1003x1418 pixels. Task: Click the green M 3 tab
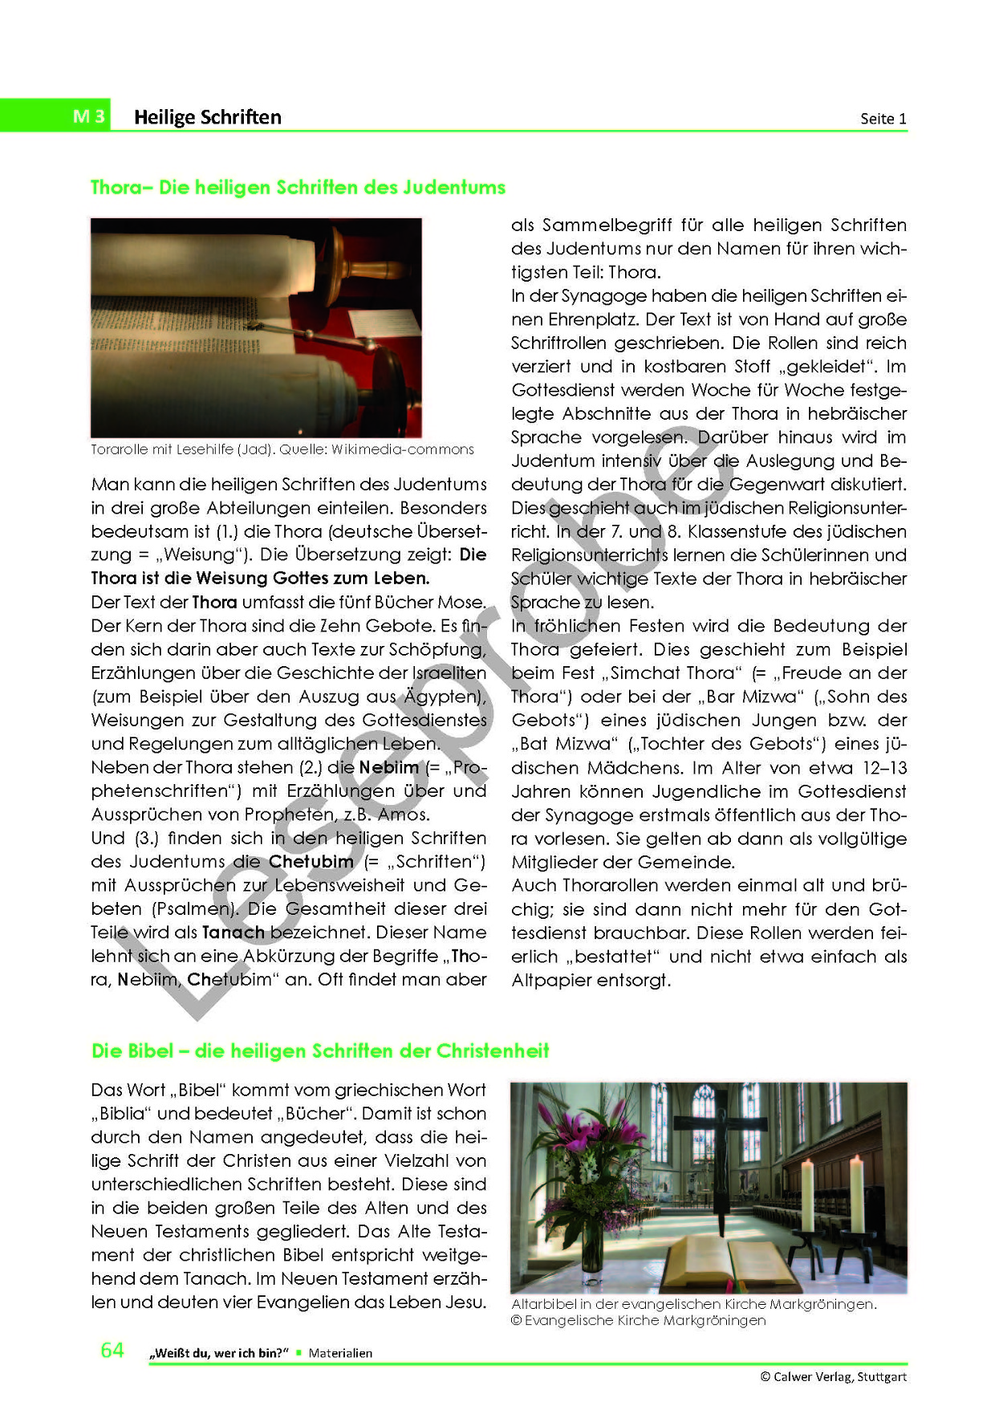pyautogui.click(x=88, y=116)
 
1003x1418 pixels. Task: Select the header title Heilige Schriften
pyautogui.click(x=207, y=117)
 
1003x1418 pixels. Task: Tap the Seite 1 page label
pyautogui.click(x=883, y=119)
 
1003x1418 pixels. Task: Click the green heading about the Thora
pyautogui.click(x=298, y=187)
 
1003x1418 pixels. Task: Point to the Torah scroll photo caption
pyautogui.click(x=282, y=449)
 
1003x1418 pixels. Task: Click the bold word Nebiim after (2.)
pyautogui.click(x=388, y=767)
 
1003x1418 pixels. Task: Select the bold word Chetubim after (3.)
pyautogui.click(x=311, y=861)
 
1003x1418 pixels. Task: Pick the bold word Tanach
pyautogui.click(x=233, y=932)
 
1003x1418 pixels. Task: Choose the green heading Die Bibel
pyautogui.click(x=320, y=1050)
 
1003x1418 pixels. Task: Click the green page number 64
pyautogui.click(x=112, y=1350)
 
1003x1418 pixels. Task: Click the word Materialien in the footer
pyautogui.click(x=340, y=1353)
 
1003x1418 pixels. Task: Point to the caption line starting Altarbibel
pyautogui.click(x=693, y=1304)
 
